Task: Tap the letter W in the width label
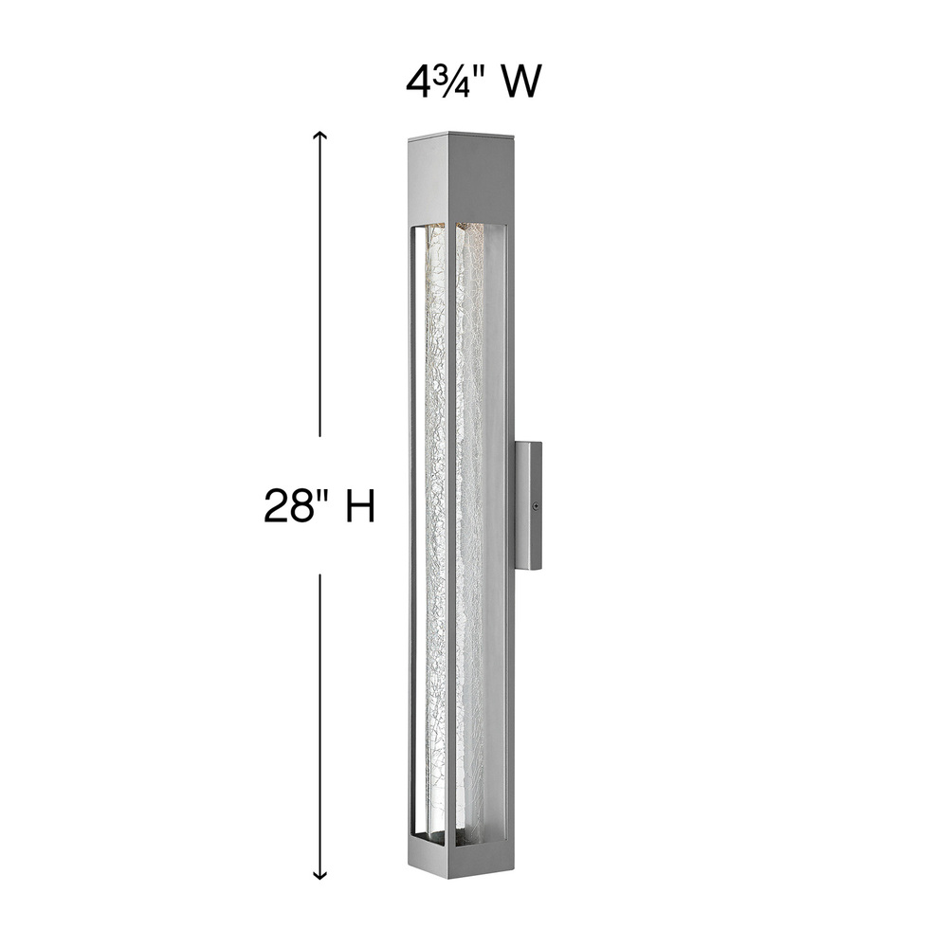point(520,82)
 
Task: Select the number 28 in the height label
point(286,505)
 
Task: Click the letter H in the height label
point(359,505)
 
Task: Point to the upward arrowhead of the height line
point(319,137)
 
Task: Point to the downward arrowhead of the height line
point(319,874)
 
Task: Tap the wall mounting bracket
point(528,505)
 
